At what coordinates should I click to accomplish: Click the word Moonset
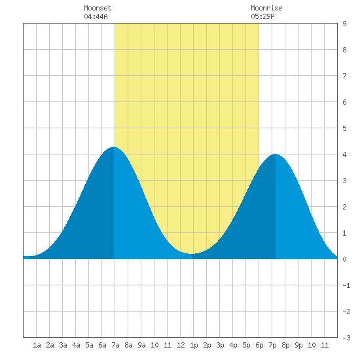pyautogui.click(x=98, y=8)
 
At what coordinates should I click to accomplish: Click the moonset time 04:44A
pyautogui.click(x=96, y=16)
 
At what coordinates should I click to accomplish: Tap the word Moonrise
pyautogui.click(x=266, y=8)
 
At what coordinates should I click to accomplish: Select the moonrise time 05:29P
pyautogui.click(x=262, y=16)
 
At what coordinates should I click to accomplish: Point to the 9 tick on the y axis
pyautogui.click(x=344, y=24)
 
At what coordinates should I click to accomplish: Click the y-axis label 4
pyautogui.click(x=344, y=154)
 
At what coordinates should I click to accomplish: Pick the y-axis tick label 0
pyautogui.click(x=344, y=259)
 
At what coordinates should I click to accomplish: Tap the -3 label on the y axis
pyautogui.click(x=346, y=338)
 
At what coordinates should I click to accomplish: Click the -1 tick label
pyautogui.click(x=346, y=285)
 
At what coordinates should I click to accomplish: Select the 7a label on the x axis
pyautogui.click(x=115, y=345)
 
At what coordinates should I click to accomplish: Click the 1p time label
pyautogui.click(x=194, y=345)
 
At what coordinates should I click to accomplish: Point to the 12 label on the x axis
pyautogui.click(x=181, y=345)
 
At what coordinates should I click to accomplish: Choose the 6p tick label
pyautogui.click(x=259, y=345)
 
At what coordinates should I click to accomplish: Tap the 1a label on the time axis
pyautogui.click(x=37, y=345)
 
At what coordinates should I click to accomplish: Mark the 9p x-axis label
pyautogui.click(x=298, y=345)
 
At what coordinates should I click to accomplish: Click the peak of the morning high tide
pyautogui.click(x=114, y=147)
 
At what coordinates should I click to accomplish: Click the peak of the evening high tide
pyautogui.click(x=275, y=154)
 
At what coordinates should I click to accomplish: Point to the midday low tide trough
pyautogui.click(x=192, y=254)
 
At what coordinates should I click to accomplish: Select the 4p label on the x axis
pyautogui.click(x=233, y=345)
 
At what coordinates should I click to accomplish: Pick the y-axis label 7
pyautogui.click(x=344, y=76)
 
